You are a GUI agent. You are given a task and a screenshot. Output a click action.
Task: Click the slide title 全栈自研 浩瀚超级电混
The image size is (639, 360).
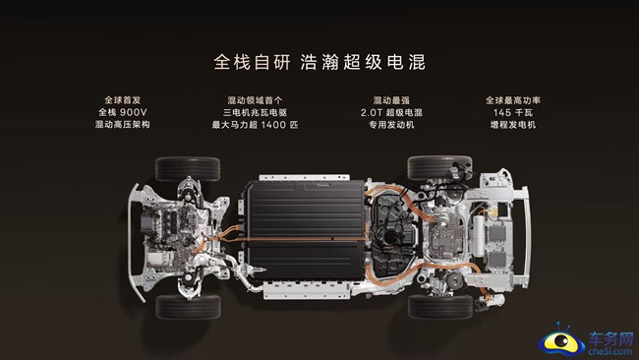tap(319, 61)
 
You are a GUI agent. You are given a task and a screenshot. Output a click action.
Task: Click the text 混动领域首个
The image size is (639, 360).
tap(254, 99)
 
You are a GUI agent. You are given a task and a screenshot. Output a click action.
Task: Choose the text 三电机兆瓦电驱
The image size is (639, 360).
tap(254, 112)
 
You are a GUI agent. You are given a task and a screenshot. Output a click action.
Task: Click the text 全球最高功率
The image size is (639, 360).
tap(512, 99)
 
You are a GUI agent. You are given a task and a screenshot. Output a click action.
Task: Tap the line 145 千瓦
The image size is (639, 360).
tap(512, 112)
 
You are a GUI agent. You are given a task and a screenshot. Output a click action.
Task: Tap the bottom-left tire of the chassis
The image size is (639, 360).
tap(188, 307)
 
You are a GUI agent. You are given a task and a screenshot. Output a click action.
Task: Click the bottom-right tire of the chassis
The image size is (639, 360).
tap(438, 307)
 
